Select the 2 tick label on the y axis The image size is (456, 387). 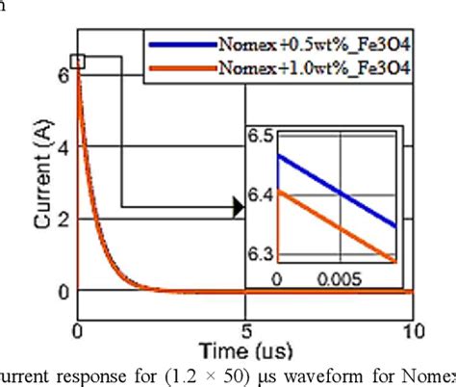click(63, 219)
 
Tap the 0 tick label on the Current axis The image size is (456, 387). click(63, 291)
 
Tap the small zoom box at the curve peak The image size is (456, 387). click(79, 63)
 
